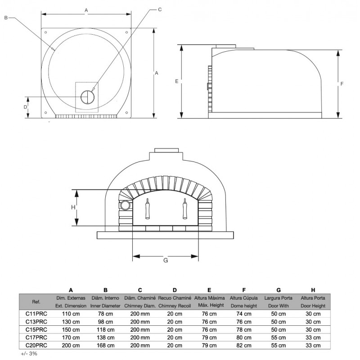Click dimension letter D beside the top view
click(x=26, y=107)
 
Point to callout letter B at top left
click(x=6, y=18)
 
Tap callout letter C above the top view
click(x=160, y=9)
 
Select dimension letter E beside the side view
click(x=176, y=81)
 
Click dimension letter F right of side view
click(x=342, y=84)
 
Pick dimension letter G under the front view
click(x=166, y=260)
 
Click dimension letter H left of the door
click(x=73, y=207)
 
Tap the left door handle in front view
click(x=148, y=208)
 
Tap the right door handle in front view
click(x=184, y=208)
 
